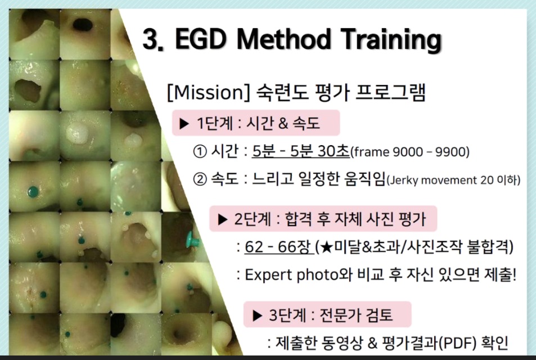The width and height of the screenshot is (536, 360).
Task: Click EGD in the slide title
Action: [201, 38]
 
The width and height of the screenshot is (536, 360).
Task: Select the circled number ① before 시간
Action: [200, 151]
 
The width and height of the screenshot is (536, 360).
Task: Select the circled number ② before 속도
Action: [200, 179]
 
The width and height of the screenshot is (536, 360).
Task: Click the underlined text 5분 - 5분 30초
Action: [301, 151]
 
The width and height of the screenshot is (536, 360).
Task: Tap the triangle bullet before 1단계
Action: [184, 124]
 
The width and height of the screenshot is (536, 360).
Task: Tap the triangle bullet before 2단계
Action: [223, 219]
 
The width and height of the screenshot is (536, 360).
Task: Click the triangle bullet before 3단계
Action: [257, 316]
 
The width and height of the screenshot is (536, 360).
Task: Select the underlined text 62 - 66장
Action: [278, 246]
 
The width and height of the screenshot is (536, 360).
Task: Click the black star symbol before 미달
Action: [327, 247]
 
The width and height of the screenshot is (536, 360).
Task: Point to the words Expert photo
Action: [291, 275]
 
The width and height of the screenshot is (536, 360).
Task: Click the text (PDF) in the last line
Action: [457, 343]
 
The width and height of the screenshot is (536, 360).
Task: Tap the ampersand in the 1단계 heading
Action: [283, 123]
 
